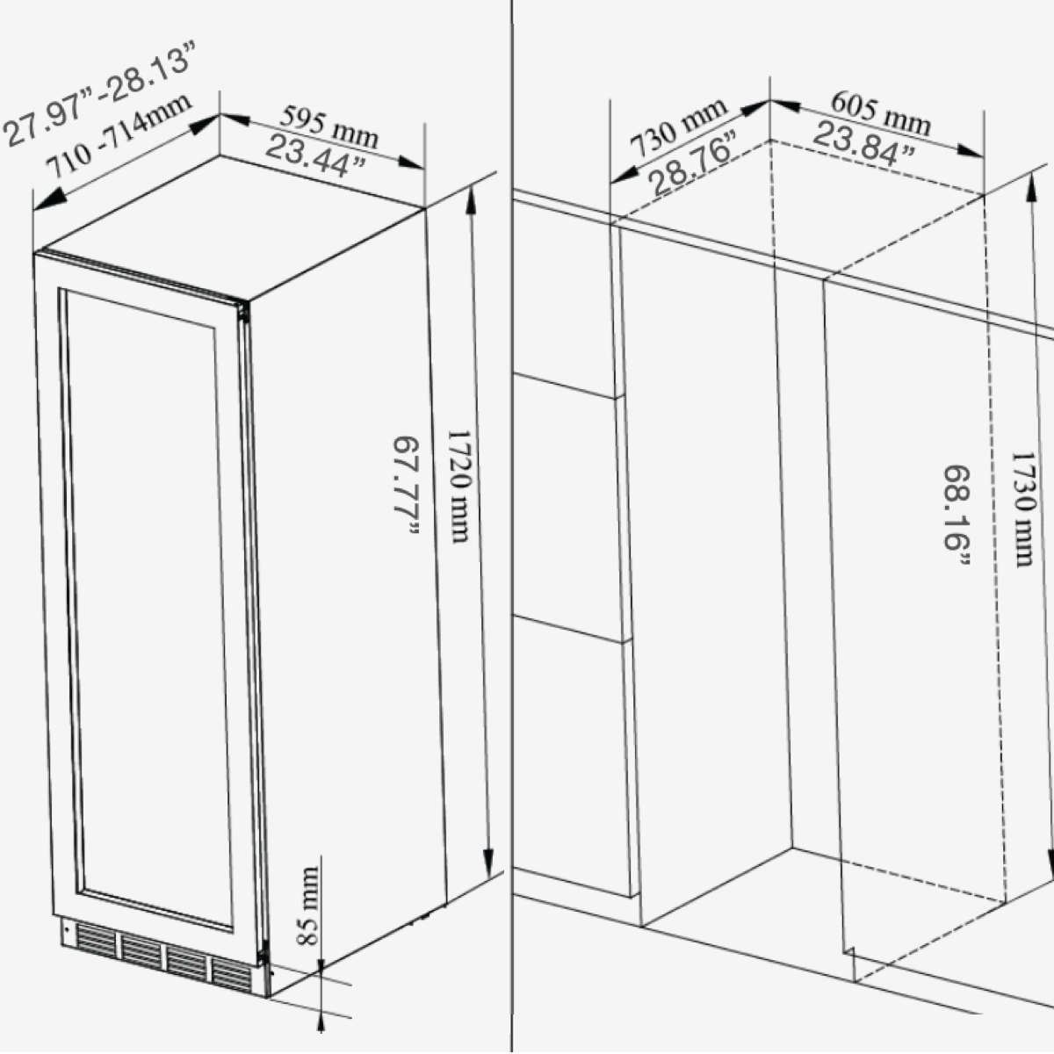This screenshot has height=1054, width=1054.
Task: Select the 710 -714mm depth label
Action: [x=119, y=136]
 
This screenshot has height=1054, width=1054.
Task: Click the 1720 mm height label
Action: [x=459, y=485]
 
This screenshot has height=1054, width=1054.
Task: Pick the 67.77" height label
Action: [x=407, y=485]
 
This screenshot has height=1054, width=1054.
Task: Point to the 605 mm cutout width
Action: [x=879, y=112]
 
